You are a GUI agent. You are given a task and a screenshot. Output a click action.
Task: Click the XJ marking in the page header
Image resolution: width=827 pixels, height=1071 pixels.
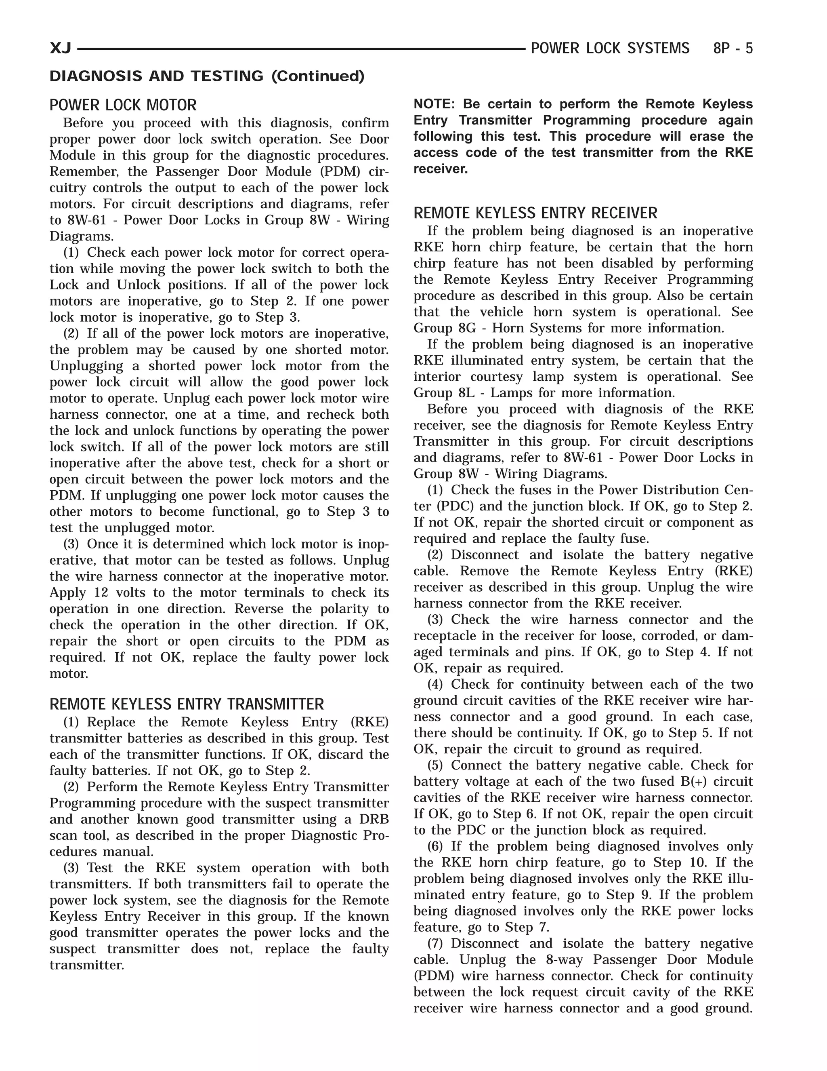point(60,48)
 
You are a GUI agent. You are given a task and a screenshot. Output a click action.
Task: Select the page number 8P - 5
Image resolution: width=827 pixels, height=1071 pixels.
point(733,48)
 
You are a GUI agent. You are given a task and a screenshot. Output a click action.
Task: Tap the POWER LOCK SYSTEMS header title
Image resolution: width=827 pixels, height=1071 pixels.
point(610,48)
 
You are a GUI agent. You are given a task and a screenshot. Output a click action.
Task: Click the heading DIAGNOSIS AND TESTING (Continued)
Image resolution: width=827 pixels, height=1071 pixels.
point(207,76)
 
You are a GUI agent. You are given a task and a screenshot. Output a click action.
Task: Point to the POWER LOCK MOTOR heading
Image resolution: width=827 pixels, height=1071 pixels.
point(123,105)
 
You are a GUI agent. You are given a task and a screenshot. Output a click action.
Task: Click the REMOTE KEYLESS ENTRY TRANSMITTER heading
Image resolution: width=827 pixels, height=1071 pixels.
point(187,704)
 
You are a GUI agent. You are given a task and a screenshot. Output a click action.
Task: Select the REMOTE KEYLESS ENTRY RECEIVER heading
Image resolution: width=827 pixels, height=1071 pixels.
point(535,213)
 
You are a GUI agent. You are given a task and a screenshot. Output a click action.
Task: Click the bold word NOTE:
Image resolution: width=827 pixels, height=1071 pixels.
point(434,104)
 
